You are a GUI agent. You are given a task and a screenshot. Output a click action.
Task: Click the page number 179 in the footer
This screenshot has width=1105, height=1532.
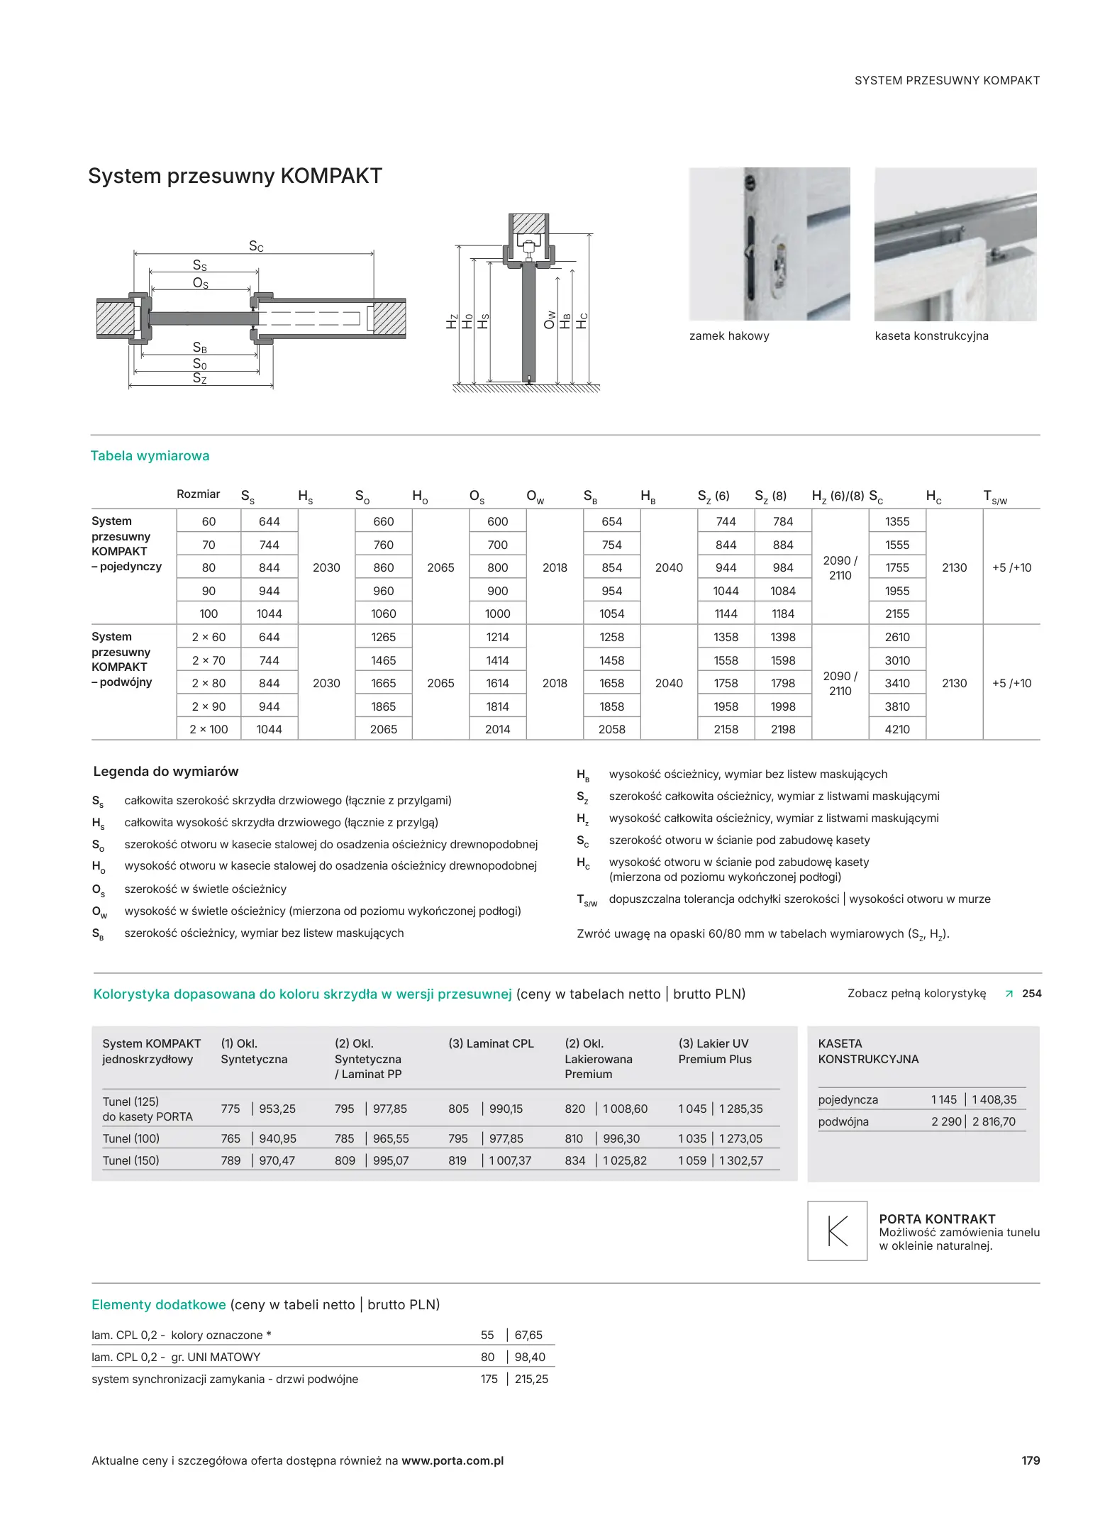point(1030,1460)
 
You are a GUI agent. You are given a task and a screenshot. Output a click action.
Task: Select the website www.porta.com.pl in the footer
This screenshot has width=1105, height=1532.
point(452,1460)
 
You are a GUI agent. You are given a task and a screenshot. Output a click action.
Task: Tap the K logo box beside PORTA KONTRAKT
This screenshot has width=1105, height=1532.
point(837,1231)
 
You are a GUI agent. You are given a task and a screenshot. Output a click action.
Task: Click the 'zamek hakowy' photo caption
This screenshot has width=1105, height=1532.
point(729,336)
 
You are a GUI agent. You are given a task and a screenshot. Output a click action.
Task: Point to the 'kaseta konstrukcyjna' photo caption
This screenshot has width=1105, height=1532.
point(931,336)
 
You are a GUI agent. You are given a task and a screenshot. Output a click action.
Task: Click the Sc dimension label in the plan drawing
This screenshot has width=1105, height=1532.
point(256,246)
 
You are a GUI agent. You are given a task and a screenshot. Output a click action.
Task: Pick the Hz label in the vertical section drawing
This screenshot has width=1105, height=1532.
point(452,321)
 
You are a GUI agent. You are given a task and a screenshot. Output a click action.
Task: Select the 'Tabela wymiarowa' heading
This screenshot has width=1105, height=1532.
point(150,456)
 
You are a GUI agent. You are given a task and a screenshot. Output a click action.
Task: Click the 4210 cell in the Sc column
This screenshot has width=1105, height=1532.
point(897,729)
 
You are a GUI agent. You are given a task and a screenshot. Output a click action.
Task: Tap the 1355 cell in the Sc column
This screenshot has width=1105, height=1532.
point(897,521)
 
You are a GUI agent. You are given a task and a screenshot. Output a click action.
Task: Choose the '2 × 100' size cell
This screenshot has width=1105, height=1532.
point(209,729)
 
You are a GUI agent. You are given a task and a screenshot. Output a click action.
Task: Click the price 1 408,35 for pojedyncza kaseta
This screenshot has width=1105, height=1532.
point(994,1099)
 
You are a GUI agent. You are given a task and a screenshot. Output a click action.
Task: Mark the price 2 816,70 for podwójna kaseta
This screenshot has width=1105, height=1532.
point(994,1121)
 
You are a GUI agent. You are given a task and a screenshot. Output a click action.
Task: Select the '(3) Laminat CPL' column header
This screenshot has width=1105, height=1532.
point(491,1043)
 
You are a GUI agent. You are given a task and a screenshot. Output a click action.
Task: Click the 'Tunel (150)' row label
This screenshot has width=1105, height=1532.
point(131,1160)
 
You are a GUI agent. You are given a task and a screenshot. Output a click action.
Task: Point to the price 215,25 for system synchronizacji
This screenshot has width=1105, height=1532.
point(531,1379)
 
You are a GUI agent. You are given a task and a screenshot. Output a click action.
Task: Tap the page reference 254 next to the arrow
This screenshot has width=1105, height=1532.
point(1031,994)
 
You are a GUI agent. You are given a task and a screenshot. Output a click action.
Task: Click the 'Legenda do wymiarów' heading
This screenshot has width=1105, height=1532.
point(166,772)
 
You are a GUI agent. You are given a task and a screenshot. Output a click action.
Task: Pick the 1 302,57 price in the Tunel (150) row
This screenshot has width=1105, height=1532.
point(741,1160)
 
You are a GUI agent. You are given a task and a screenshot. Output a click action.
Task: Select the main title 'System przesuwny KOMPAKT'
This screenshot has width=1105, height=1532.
point(235,176)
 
